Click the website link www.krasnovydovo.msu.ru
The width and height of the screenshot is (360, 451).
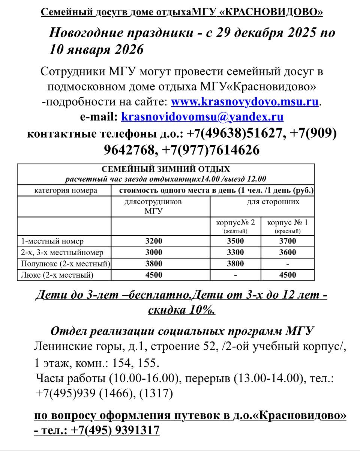click(244, 102)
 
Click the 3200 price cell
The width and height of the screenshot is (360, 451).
click(154, 241)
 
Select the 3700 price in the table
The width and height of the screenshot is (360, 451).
click(287, 241)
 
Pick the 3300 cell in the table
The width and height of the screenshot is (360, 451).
click(235, 252)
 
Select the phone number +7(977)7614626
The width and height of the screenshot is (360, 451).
click(211, 150)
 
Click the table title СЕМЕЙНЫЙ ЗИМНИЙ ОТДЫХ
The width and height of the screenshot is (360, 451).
click(166, 169)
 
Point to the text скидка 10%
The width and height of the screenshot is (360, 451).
click(181, 310)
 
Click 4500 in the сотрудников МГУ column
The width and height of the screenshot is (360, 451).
click(154, 275)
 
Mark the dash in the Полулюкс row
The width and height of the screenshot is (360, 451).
click(287, 264)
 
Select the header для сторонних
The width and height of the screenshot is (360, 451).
click(273, 202)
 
